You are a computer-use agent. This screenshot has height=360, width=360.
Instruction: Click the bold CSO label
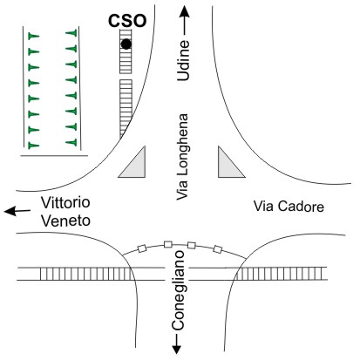127,21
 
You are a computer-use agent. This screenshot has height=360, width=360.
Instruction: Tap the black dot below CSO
126,44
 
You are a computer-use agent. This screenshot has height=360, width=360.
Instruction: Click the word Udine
183,60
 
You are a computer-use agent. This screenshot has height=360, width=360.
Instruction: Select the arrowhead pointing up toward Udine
184,12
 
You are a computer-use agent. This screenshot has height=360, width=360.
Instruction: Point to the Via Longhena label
182,157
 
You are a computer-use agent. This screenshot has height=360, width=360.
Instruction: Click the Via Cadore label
289,207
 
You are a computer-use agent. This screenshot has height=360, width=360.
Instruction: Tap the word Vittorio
65,202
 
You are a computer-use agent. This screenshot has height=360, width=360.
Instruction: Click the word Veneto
65,221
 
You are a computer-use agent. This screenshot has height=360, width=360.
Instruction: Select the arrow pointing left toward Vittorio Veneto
17,211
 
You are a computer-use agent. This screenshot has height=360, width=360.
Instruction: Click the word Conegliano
178,290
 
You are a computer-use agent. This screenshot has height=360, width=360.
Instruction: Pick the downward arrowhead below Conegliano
177,350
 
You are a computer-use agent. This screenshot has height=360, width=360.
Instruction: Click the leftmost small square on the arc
141,248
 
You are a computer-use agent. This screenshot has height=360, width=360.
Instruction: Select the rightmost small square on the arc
218,249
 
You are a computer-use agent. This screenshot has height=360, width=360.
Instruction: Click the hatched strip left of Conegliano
86,274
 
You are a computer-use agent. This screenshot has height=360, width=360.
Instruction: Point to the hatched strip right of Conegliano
280,274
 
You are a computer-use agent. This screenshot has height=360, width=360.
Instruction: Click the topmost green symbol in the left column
33,37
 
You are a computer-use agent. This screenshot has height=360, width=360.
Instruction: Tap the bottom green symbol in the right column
71,142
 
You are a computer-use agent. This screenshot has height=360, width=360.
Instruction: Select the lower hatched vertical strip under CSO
126,108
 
